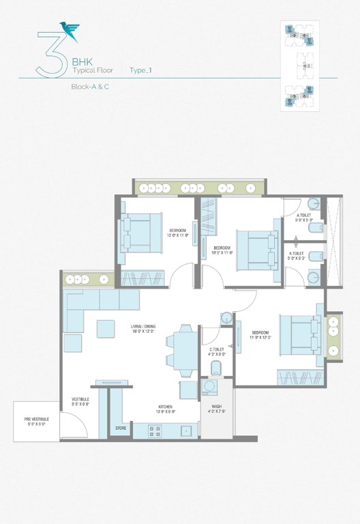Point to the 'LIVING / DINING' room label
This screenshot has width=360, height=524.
pyautogui.click(x=147, y=327)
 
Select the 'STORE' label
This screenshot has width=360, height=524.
pyautogui.click(x=121, y=428)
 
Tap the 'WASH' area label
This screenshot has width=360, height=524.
pyautogui.click(x=216, y=408)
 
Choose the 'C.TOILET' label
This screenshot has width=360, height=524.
pyautogui.click(x=217, y=350)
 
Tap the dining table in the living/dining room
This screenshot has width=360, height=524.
pyautogui.click(x=182, y=349)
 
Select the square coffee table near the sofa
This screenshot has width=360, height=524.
pyautogui.click(x=106, y=329)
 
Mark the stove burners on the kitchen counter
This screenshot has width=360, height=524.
pyautogui.click(x=153, y=431)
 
